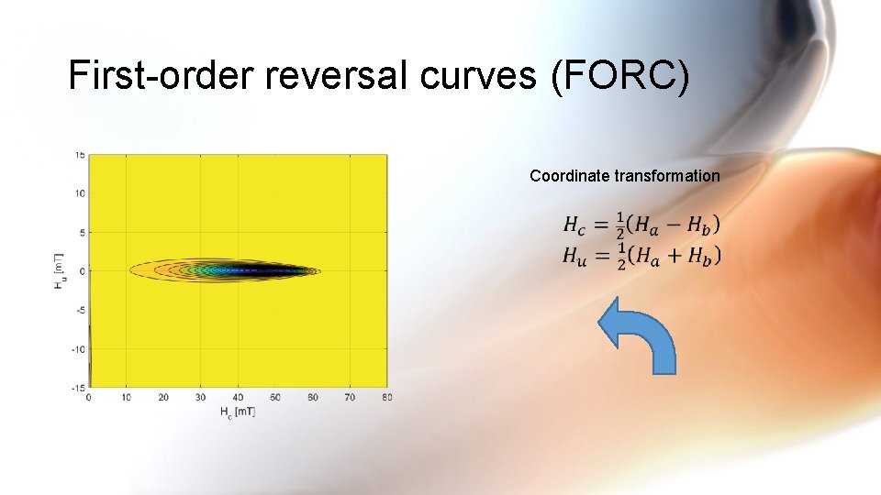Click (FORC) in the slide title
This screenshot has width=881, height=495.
(x=619, y=76)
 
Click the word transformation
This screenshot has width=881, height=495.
(x=667, y=175)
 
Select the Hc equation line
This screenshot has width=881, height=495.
(x=641, y=224)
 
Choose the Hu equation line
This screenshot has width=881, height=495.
(x=641, y=256)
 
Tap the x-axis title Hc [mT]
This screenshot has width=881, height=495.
(x=238, y=413)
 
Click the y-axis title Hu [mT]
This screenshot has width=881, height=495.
(x=60, y=271)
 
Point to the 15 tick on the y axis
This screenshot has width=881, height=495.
(x=80, y=155)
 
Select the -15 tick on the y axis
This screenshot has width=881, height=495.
(x=79, y=387)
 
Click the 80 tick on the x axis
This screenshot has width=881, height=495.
(x=387, y=397)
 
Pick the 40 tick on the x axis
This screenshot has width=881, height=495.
(x=238, y=397)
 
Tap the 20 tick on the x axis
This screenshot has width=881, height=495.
(x=163, y=397)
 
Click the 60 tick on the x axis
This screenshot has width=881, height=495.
(x=313, y=397)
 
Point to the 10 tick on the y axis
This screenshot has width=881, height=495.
(x=80, y=193)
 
